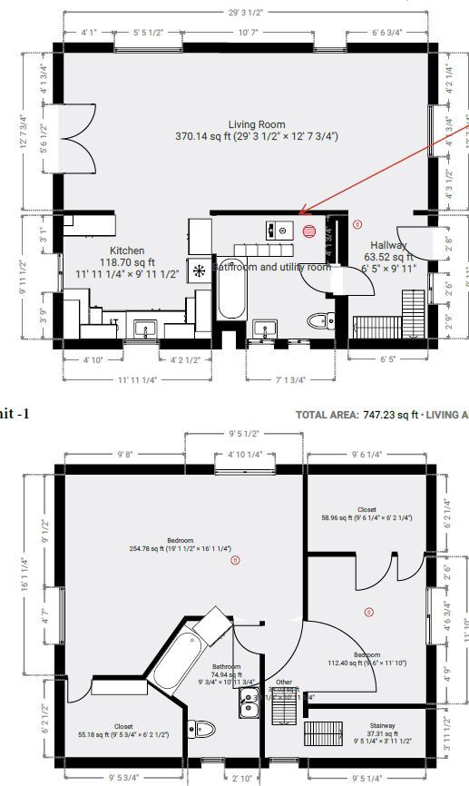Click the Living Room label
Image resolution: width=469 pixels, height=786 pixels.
coord(257,124)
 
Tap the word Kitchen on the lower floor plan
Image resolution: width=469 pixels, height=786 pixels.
coord(127,251)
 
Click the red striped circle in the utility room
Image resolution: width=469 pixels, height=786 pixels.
coord(309,231)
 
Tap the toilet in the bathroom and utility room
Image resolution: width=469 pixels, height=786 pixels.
coord(318,320)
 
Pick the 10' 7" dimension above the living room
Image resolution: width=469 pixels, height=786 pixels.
coord(249,33)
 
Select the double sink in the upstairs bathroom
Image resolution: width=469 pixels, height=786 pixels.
coord(249,702)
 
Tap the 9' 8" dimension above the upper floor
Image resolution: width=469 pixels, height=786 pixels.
coord(124,454)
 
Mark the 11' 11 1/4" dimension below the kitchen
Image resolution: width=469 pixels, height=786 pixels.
coord(134,379)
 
